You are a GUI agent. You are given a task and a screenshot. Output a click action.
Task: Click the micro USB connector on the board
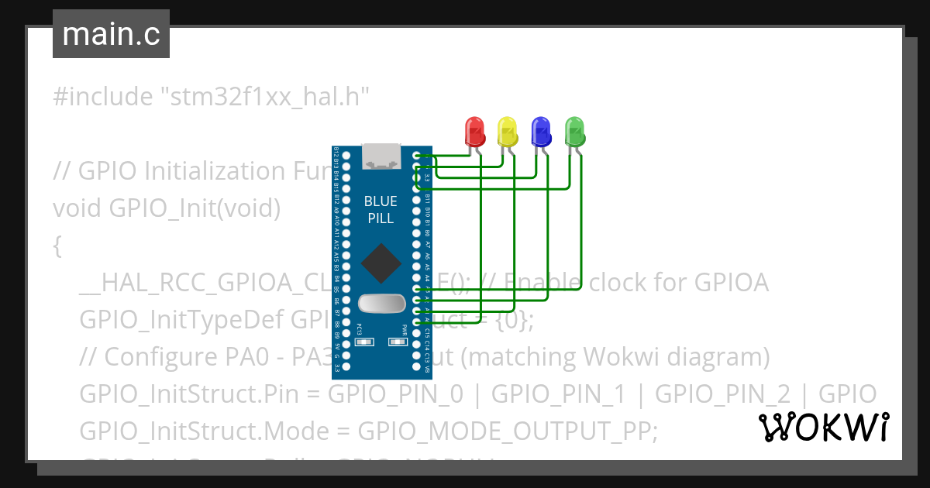pyautogui.click(x=381, y=156)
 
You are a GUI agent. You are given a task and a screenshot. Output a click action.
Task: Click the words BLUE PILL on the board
pyautogui.click(x=381, y=209)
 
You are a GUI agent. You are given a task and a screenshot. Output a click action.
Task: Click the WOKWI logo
pyautogui.click(x=823, y=427)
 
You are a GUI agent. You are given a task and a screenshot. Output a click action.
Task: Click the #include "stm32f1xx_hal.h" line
pyautogui.click(x=211, y=97)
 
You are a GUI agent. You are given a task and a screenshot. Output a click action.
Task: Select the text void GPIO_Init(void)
pyautogui.click(x=166, y=208)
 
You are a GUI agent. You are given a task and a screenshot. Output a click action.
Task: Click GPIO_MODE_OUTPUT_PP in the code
pyautogui.click(x=507, y=431)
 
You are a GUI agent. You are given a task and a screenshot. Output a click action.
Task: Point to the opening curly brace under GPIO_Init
pyautogui.click(x=57, y=246)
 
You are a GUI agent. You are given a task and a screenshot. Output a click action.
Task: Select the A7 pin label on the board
pyautogui.click(x=428, y=244)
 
